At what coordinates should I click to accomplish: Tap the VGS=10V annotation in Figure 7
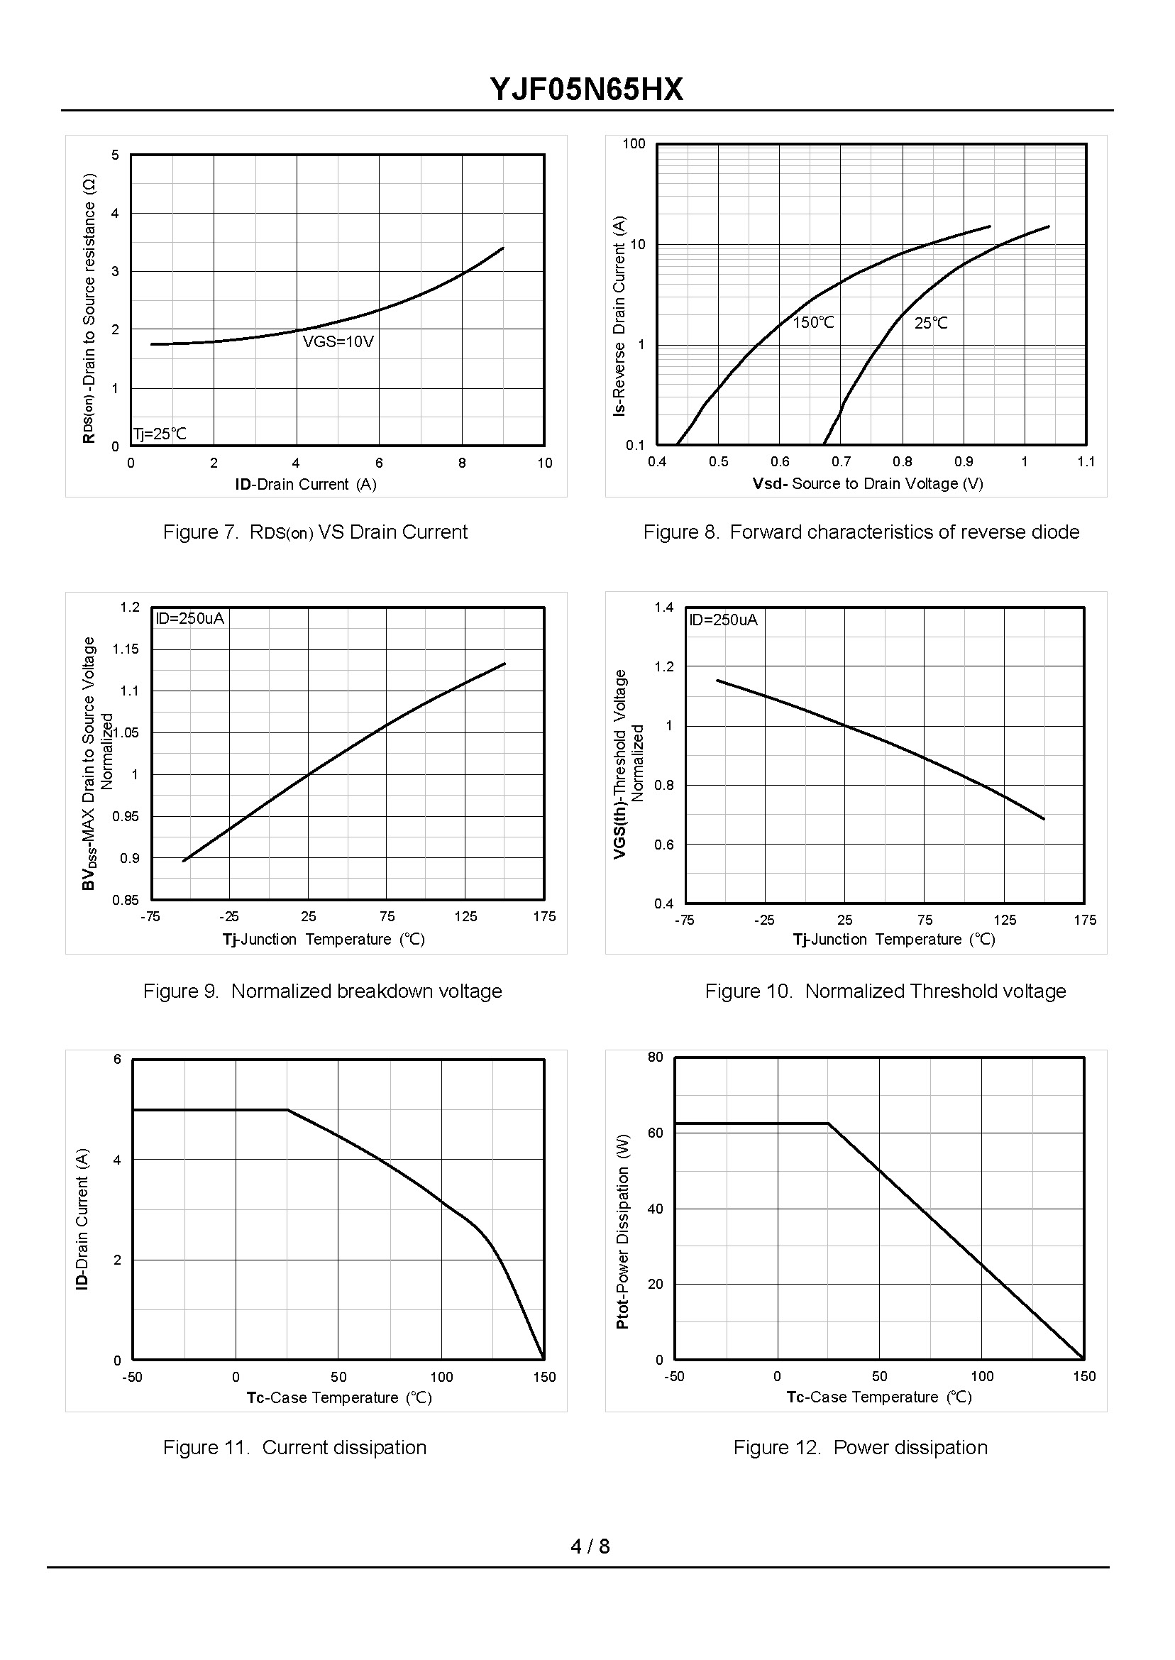338,341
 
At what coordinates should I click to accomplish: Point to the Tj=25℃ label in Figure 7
160,434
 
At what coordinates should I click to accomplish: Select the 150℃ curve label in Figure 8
813,323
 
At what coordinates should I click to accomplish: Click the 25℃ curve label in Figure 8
930,324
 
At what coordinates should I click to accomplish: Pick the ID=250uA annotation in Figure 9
190,619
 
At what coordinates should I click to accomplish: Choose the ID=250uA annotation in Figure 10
724,620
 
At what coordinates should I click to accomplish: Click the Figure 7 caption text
315,532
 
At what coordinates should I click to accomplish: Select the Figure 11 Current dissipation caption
294,1447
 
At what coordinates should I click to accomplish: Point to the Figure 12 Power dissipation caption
860,1447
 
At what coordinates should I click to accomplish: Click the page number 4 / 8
590,1546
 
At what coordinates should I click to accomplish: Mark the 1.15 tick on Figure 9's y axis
125,649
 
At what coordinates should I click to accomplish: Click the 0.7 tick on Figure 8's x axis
841,462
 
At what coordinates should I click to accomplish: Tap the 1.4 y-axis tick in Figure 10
663,607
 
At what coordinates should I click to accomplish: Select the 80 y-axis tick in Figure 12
655,1057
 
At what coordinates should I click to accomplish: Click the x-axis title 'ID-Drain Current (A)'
305,484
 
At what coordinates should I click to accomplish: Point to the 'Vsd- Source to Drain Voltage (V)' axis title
868,483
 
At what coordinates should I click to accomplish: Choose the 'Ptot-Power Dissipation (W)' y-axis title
622,1231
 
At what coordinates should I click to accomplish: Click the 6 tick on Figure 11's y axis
117,1060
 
